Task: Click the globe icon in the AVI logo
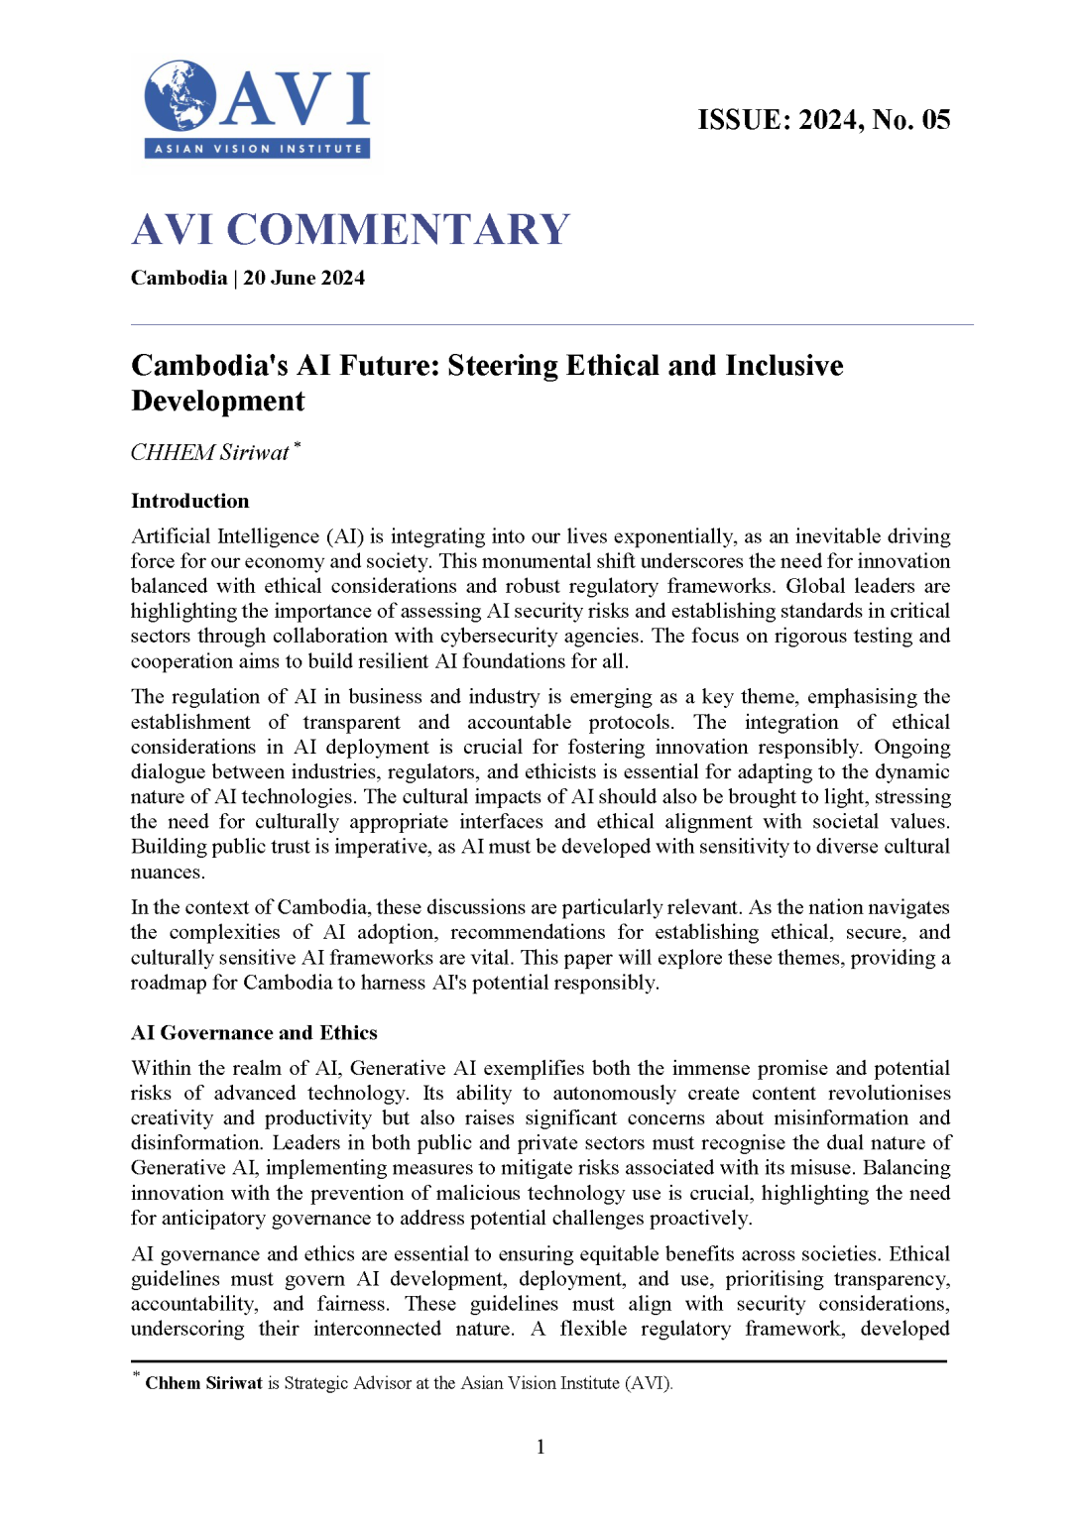tap(180, 95)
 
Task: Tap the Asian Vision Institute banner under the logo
tap(258, 149)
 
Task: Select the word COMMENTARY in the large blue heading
tap(398, 230)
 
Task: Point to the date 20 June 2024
tap(304, 279)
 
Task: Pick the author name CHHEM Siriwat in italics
tap(210, 453)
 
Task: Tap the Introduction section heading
tap(190, 501)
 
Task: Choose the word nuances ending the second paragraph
tap(167, 873)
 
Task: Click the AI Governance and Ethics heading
tap(254, 1033)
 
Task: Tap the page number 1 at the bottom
tap(541, 1447)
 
